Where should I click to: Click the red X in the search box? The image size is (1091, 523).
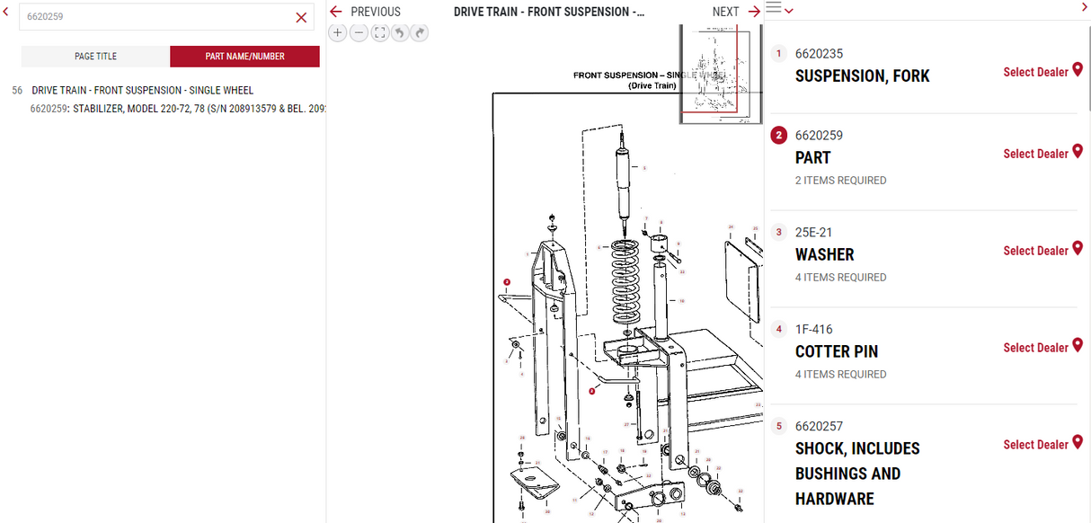pyautogui.click(x=301, y=17)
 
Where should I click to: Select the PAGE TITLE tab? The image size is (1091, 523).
pyautogui.click(x=95, y=56)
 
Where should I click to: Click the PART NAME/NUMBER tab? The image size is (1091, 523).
pyautogui.click(x=244, y=56)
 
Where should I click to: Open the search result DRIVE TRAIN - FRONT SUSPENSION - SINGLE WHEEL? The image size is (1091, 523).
pyautogui.click(x=142, y=91)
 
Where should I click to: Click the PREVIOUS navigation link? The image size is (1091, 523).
pyautogui.click(x=366, y=12)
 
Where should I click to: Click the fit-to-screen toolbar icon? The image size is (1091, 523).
pyautogui.click(x=379, y=33)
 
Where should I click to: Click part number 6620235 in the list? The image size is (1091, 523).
pyautogui.click(x=819, y=54)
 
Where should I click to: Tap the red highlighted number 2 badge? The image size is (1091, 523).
pyautogui.click(x=779, y=136)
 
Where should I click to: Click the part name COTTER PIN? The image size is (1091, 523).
pyautogui.click(x=836, y=351)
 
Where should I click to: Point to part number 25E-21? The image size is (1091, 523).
pyautogui.click(x=813, y=232)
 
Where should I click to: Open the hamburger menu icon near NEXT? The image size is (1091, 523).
pyautogui.click(x=773, y=9)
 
